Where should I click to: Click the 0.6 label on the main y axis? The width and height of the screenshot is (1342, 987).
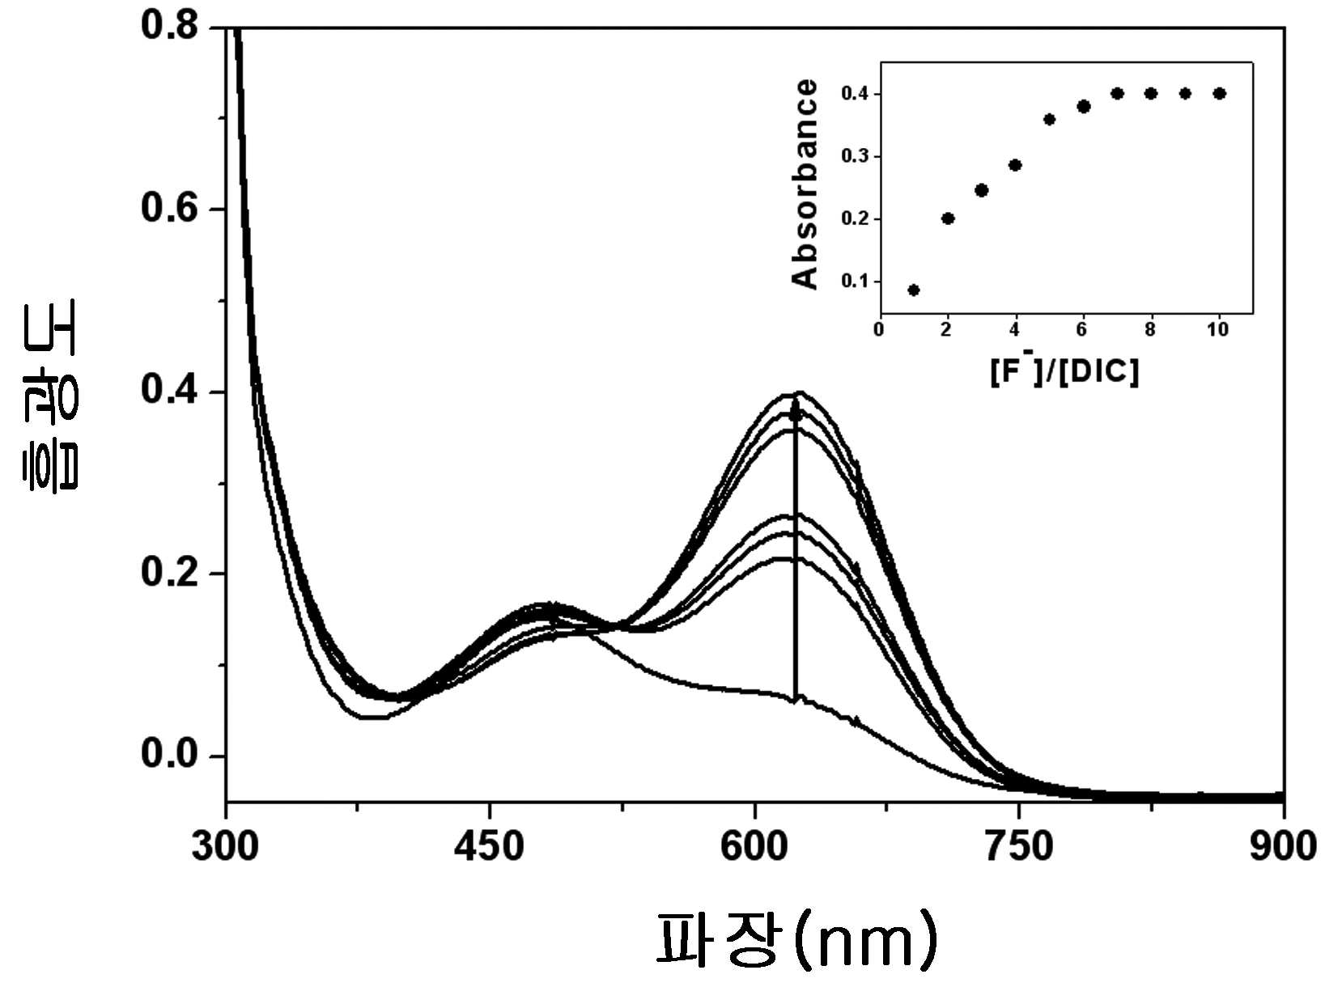pyautogui.click(x=169, y=209)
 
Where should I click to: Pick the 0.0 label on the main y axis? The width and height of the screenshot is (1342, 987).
pyautogui.click(x=169, y=754)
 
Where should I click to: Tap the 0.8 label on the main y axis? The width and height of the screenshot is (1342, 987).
pyautogui.click(x=169, y=27)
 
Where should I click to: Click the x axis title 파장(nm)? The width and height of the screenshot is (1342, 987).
pyautogui.click(x=796, y=939)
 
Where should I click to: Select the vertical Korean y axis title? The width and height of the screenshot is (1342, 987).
pyautogui.click(x=49, y=396)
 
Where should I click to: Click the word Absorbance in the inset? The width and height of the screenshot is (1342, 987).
pyautogui.click(x=804, y=184)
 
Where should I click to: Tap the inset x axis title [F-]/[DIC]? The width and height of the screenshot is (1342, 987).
pyautogui.click(x=1064, y=371)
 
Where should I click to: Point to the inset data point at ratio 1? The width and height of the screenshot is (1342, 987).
pyautogui.click(x=914, y=290)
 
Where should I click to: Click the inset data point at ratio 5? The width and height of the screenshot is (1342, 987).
pyautogui.click(x=1049, y=119)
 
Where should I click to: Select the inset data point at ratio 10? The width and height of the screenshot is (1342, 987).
pyautogui.click(x=1219, y=93)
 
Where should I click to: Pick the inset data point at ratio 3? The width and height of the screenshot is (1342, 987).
pyautogui.click(x=981, y=190)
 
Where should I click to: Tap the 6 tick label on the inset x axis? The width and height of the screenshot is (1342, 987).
pyautogui.click(x=1081, y=329)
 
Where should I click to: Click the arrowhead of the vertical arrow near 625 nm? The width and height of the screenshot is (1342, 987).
pyautogui.click(x=796, y=405)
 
